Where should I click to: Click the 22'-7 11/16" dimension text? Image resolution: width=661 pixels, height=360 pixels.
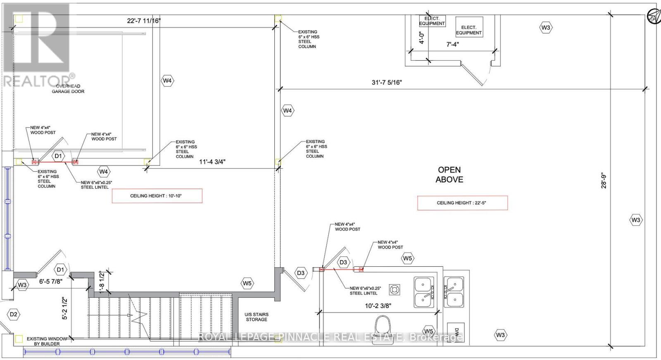tap(144, 21)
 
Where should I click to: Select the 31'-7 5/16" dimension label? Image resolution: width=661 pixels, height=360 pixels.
tap(387, 82)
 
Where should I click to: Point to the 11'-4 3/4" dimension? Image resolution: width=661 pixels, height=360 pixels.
tap(212, 161)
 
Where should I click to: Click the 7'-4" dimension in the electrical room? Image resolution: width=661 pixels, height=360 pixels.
tap(452, 44)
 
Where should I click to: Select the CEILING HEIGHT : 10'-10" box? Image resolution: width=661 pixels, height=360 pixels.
tap(157, 196)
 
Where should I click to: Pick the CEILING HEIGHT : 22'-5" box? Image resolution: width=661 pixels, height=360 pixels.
tap(462, 203)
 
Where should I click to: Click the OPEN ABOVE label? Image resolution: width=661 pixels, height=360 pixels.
tap(449, 175)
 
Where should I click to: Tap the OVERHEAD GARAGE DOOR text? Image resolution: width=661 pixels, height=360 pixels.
tap(68, 89)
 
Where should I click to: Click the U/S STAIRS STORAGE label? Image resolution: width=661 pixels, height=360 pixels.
tap(257, 317)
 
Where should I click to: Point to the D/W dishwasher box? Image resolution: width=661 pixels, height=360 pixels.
tap(456, 333)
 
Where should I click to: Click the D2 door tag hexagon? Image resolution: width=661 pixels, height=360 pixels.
tap(13, 314)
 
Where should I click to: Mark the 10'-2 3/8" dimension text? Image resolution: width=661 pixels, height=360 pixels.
tap(378, 306)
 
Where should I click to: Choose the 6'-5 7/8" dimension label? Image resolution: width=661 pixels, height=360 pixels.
tap(51, 281)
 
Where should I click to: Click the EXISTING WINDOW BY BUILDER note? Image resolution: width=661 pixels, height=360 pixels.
tap(47, 341)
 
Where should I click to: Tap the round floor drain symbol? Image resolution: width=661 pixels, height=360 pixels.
tap(394, 290)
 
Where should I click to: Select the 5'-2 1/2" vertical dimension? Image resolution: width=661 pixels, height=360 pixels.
tap(64, 309)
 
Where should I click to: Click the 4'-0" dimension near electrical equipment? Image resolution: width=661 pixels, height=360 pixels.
tap(422, 38)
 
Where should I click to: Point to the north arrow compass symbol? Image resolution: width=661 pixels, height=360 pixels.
tap(654, 16)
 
